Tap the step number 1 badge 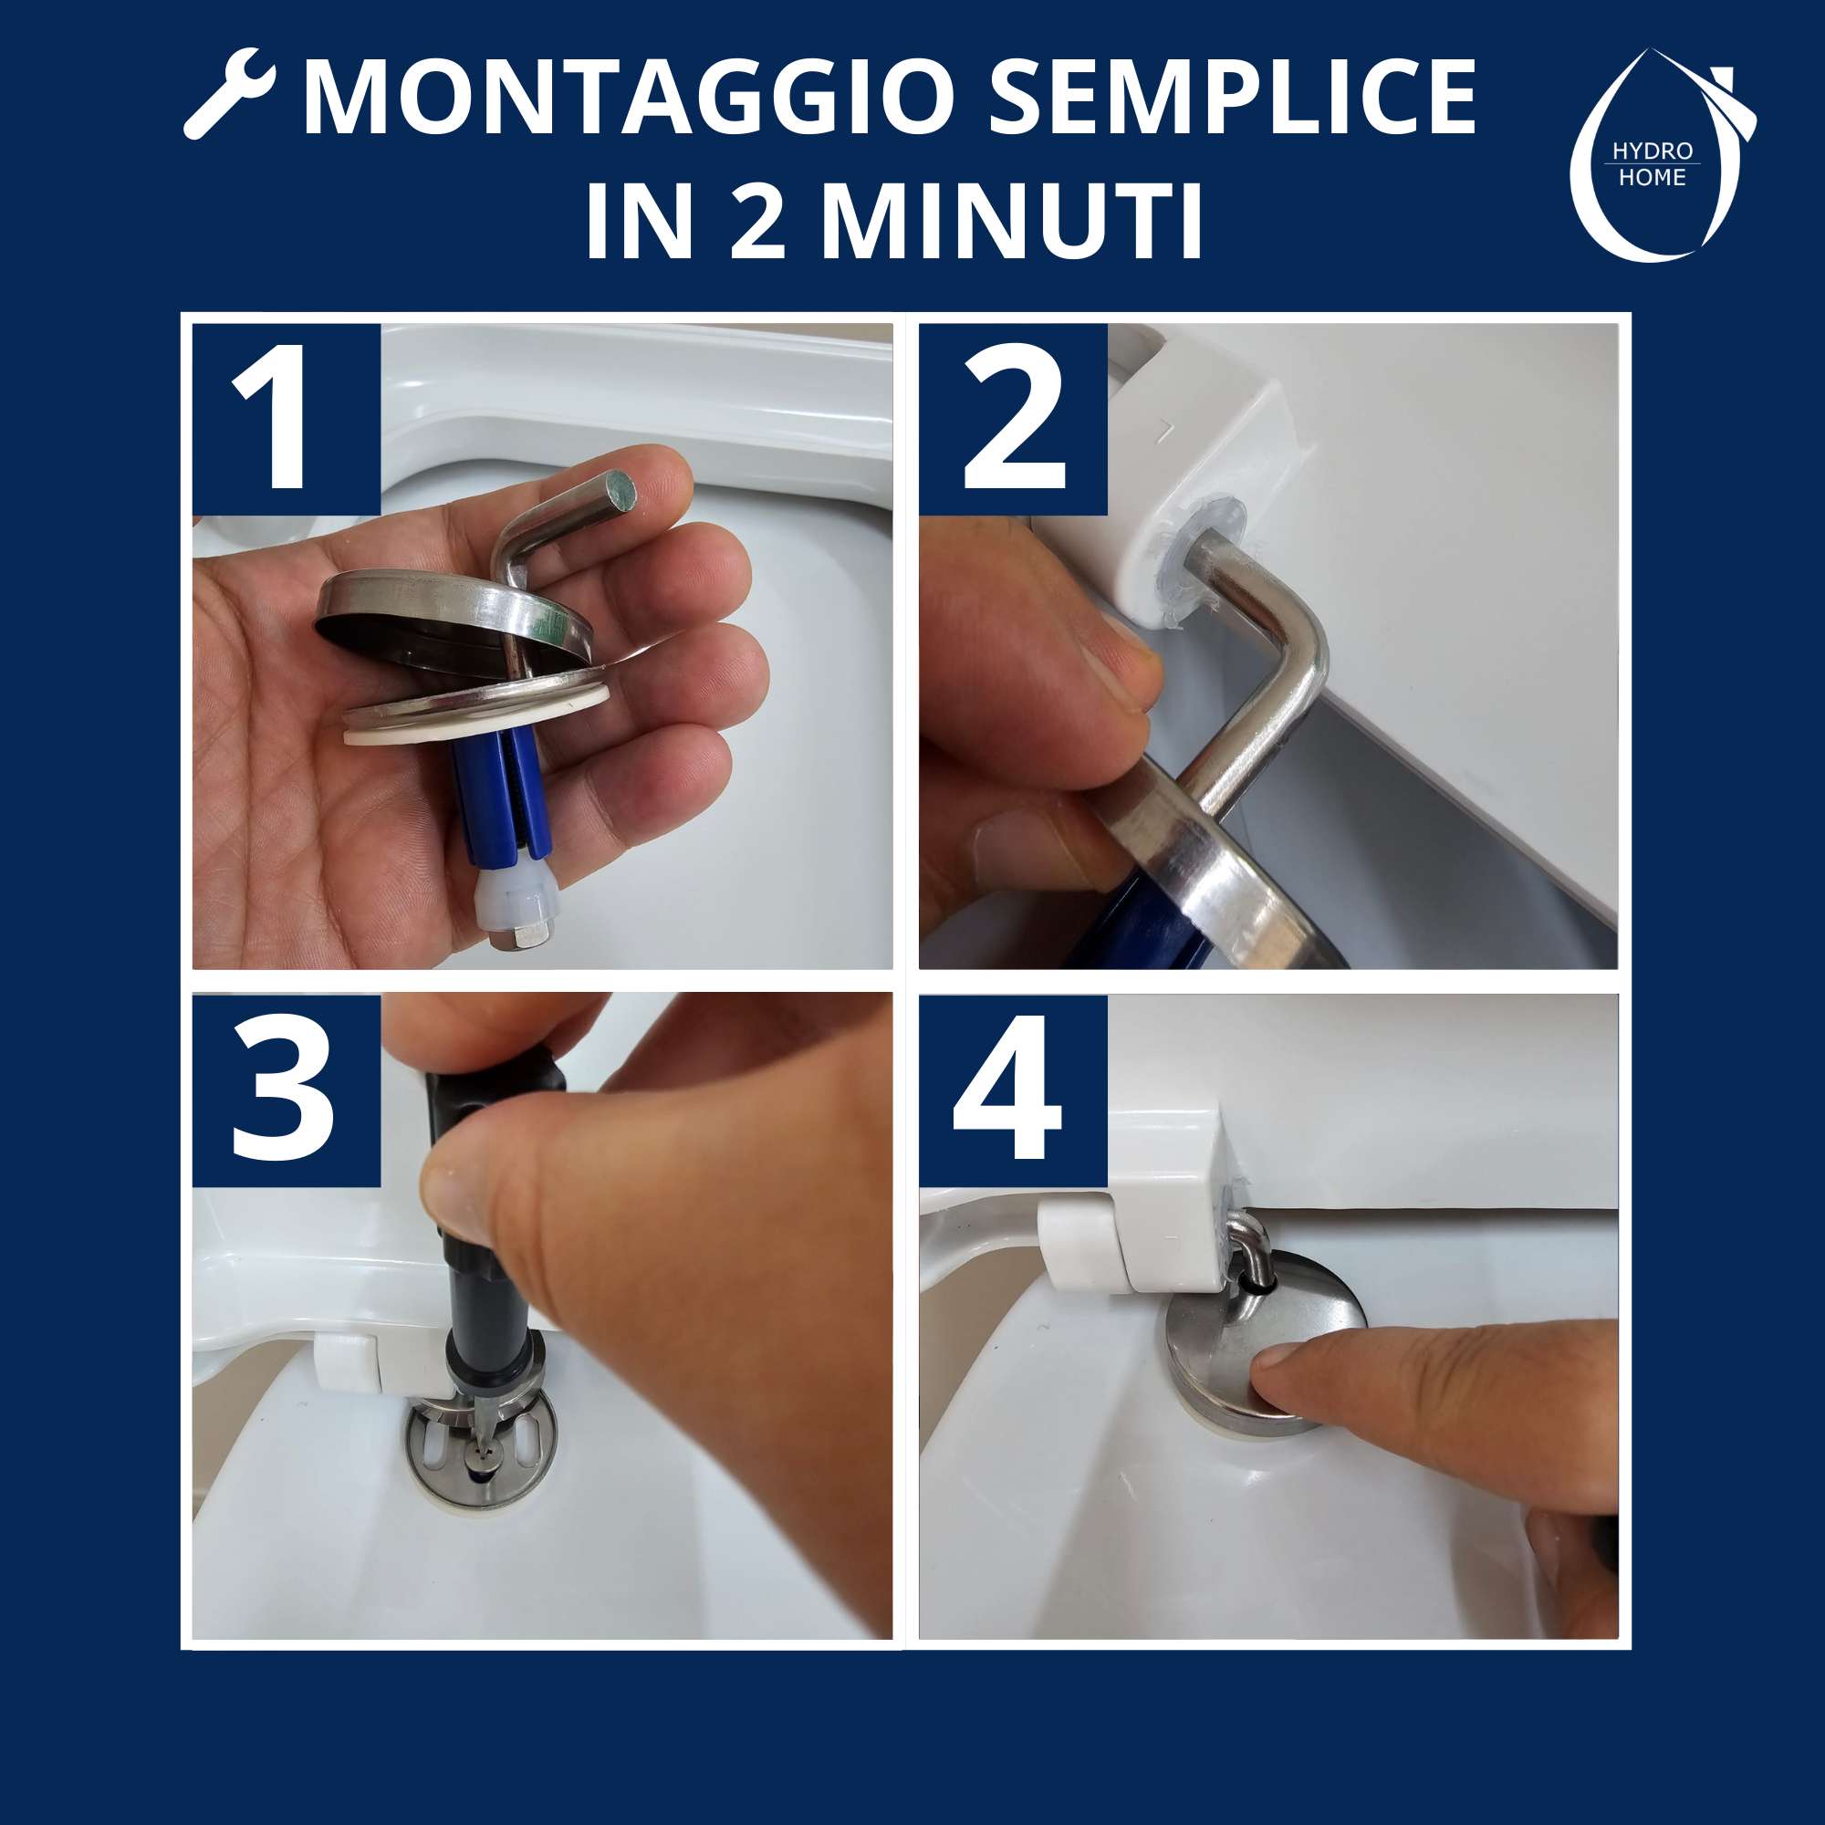(287, 419)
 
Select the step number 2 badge (1012, 419)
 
